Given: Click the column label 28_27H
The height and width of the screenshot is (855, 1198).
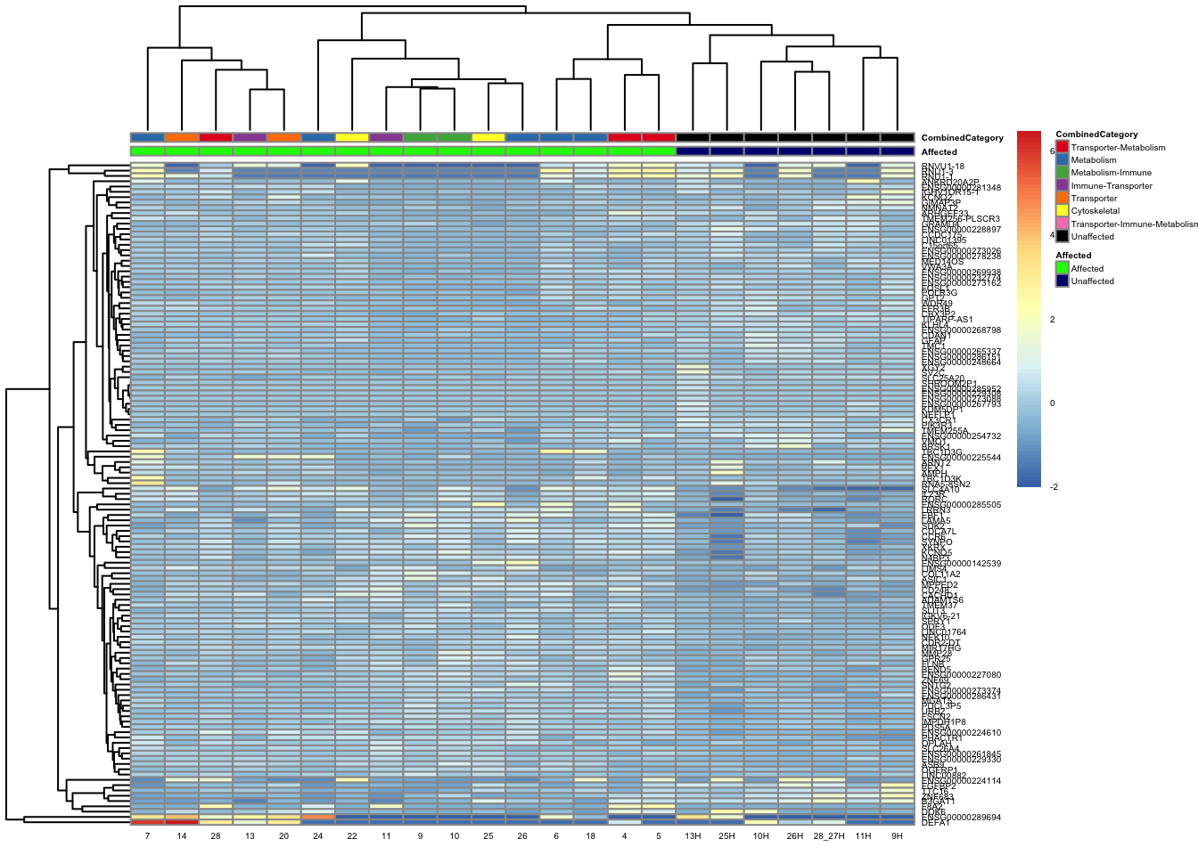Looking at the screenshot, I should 829,836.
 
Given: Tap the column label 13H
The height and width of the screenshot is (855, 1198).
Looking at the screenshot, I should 693,836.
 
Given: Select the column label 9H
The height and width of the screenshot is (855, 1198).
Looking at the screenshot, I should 897,836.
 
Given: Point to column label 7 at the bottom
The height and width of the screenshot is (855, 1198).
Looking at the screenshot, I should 147,836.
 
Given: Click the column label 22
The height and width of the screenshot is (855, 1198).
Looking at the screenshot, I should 352,836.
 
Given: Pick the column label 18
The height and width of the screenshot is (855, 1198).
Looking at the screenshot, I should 591,836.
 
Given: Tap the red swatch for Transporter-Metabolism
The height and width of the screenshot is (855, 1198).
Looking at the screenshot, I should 1062,147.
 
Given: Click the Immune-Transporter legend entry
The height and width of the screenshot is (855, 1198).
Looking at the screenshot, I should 1112,185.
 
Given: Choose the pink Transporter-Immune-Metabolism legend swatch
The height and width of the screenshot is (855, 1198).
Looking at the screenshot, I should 1062,224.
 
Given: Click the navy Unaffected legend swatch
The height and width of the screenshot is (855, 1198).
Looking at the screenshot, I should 1062,281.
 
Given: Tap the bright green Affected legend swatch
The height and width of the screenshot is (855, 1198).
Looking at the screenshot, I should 1062,268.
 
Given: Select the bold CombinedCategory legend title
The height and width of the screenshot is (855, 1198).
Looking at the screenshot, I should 1096,134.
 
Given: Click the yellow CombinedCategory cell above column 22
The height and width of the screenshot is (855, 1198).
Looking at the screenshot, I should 352,137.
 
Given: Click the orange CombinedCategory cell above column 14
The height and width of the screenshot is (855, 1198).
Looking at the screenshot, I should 182,137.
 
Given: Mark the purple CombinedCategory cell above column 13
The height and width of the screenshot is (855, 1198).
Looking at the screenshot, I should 250,137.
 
